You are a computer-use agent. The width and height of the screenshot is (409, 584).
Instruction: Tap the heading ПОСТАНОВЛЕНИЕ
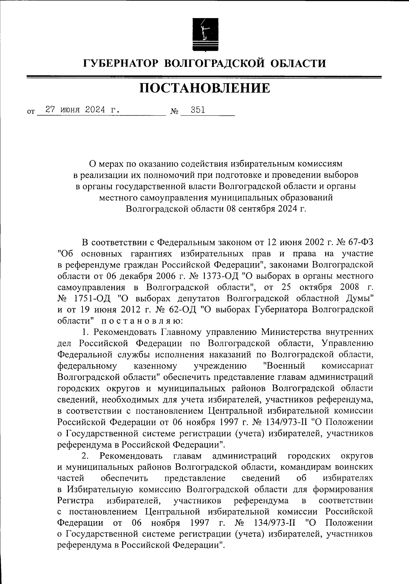point(204,88)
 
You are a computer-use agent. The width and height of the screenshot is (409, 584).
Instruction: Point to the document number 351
point(198,110)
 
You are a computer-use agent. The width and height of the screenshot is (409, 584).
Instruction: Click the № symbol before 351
point(174,111)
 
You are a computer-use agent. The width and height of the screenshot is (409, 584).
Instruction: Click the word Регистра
point(76,501)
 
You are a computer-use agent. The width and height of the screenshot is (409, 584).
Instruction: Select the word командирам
point(316,467)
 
